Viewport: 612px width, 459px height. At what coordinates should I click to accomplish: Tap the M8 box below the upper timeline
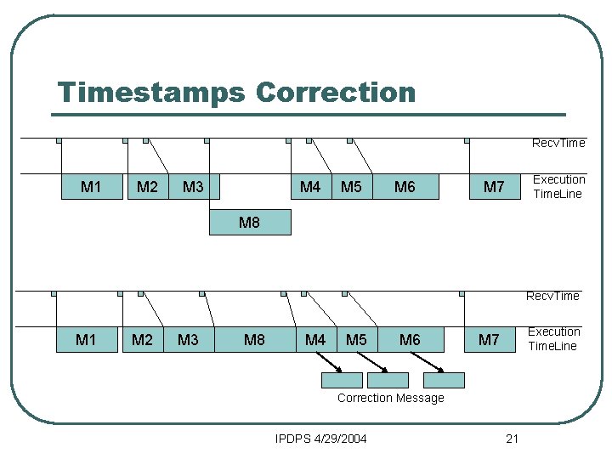click(x=248, y=223)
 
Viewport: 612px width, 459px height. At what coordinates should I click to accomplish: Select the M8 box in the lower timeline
click(x=254, y=340)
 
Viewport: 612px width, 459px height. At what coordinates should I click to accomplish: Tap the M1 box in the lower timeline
click(x=86, y=340)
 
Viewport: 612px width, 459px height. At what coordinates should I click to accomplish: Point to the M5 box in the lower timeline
click(x=356, y=340)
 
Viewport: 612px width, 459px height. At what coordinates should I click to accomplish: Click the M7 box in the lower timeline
click(x=489, y=340)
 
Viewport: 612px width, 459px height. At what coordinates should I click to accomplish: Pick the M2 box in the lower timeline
click(x=142, y=340)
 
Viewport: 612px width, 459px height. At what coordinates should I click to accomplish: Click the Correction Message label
click(x=390, y=398)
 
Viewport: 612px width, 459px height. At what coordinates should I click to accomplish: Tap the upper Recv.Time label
click(x=558, y=143)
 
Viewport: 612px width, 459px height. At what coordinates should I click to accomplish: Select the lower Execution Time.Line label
click(x=553, y=338)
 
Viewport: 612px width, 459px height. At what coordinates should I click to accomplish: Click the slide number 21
click(x=512, y=439)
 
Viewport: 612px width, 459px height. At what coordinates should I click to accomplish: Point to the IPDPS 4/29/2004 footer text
click(x=321, y=439)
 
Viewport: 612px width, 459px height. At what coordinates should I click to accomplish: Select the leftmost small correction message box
click(x=341, y=380)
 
